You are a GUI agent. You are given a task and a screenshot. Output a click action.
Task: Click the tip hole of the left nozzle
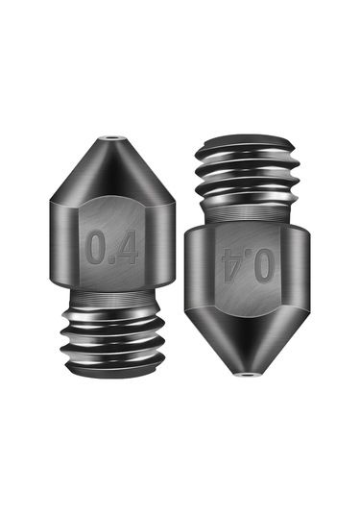115,139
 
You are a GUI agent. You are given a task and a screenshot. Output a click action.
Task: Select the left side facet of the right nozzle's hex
200,264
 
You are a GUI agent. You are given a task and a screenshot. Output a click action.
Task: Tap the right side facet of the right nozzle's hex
299,264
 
